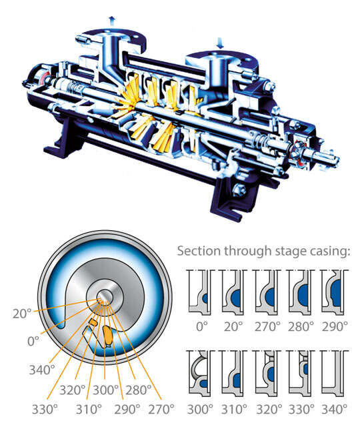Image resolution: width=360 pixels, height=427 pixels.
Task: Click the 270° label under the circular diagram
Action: (161, 408)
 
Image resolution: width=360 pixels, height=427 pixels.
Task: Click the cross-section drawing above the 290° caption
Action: (335, 291)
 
